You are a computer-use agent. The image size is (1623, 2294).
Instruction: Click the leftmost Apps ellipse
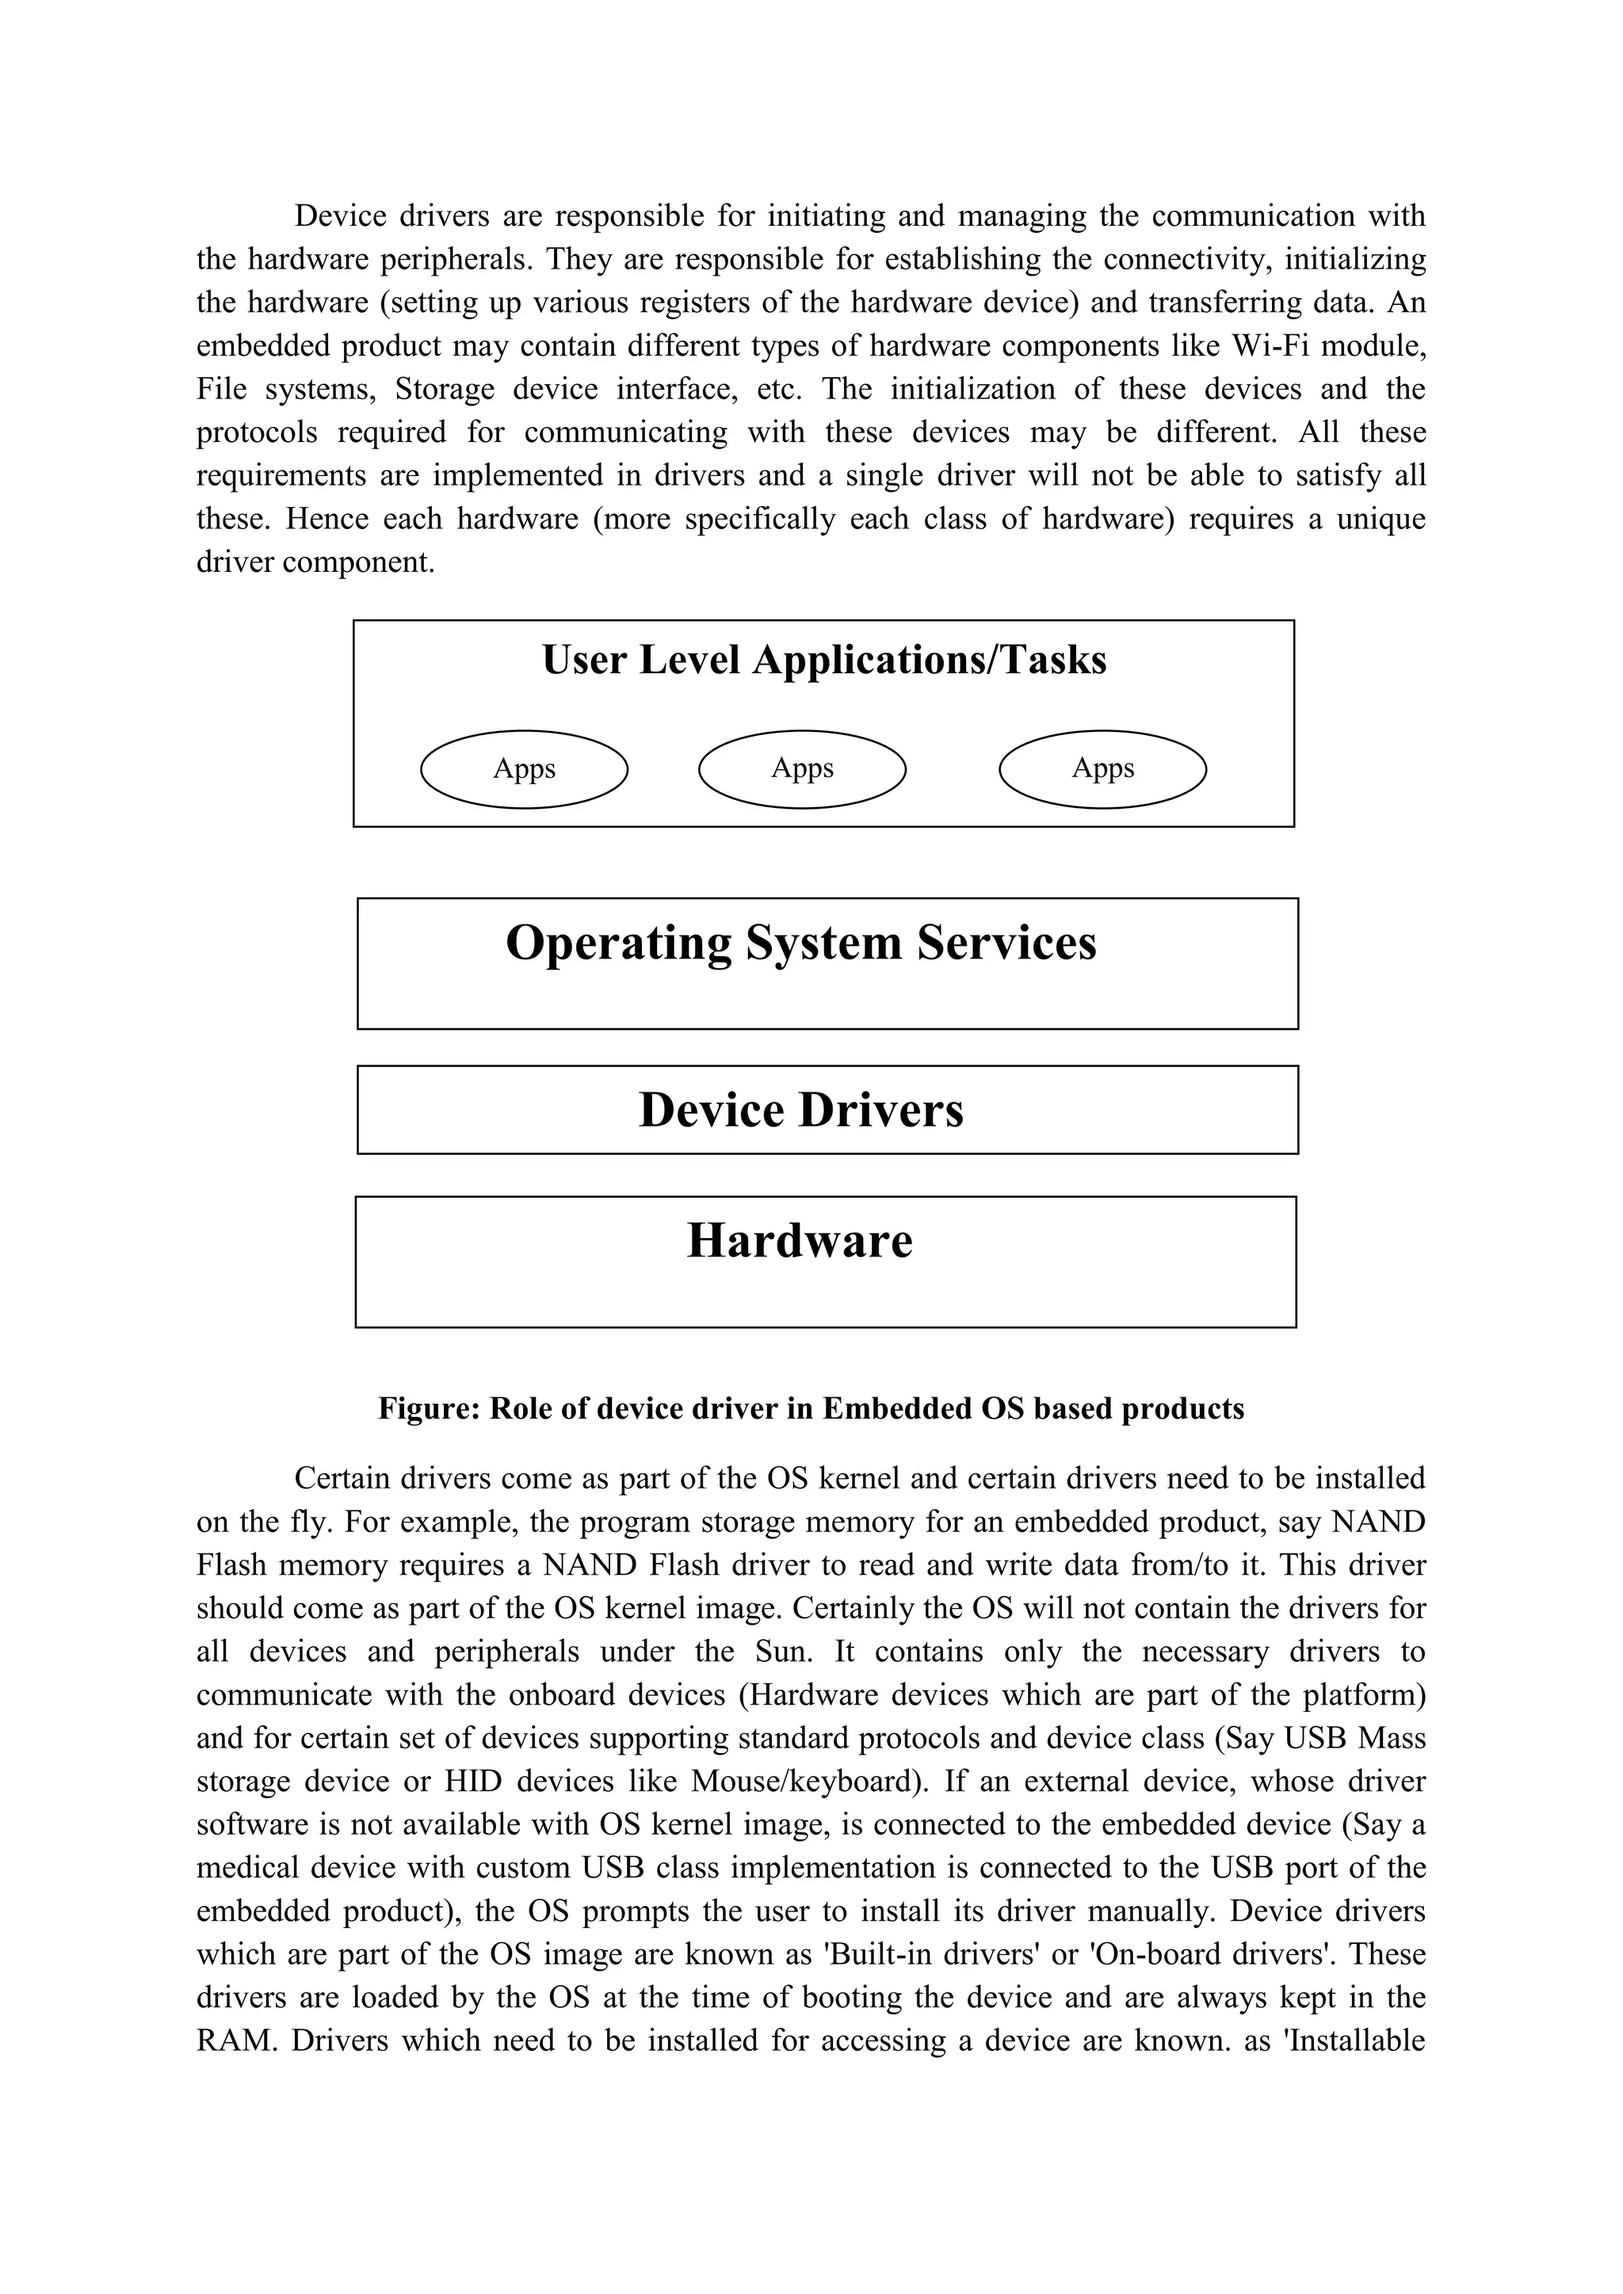pos(524,768)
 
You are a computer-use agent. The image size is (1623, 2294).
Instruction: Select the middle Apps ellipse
pos(801,768)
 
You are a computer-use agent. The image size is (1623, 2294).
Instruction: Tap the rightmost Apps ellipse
pos(1102,768)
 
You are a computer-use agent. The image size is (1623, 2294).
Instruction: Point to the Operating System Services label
pos(800,942)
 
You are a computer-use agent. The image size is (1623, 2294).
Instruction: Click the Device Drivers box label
pos(800,1110)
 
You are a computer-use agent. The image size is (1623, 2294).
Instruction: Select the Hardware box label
pos(800,1240)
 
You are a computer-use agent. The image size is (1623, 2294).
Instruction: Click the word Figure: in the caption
pos(429,1408)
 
